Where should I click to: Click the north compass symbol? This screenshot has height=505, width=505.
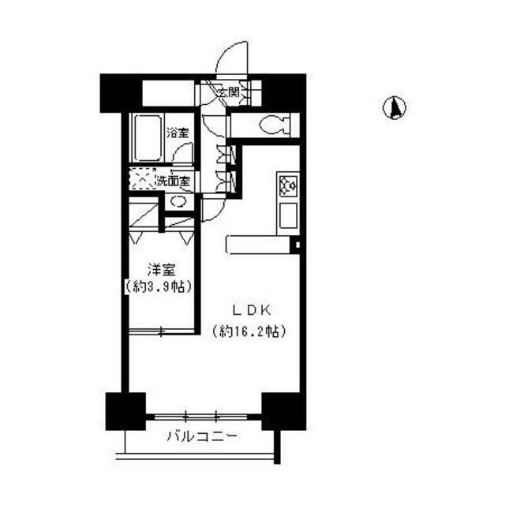point(395,107)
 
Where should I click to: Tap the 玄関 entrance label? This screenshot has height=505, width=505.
point(229,92)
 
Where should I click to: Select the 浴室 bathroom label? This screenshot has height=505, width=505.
point(178,133)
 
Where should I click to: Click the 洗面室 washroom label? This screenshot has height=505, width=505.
point(174,181)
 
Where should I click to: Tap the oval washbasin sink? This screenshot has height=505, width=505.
point(178,202)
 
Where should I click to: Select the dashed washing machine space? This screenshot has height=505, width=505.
point(142,179)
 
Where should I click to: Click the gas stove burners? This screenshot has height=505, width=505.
point(287,186)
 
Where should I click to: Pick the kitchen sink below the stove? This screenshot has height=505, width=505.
point(288,215)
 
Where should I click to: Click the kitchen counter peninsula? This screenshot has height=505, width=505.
point(259,245)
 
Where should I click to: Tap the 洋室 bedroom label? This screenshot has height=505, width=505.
point(161,270)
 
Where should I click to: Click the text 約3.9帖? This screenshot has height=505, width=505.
point(159,286)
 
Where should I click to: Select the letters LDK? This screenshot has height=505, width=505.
point(252,310)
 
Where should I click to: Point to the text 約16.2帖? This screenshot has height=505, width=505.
point(249,331)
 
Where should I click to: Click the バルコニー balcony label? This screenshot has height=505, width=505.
point(202,436)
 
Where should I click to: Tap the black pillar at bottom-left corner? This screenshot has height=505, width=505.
point(125,411)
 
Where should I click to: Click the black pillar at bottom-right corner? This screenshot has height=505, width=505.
point(283,411)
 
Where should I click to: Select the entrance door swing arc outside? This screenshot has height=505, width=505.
point(232,58)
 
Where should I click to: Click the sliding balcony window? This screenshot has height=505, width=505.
point(201,417)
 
